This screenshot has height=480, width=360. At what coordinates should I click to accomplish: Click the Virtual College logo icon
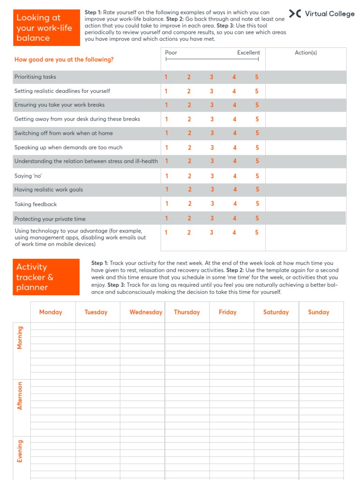click(295, 14)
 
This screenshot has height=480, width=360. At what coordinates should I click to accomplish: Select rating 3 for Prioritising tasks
click(211, 77)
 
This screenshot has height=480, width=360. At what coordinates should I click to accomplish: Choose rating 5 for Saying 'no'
click(257, 176)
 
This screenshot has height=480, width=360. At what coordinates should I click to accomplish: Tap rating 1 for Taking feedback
click(166, 203)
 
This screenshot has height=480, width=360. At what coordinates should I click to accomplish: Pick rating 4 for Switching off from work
click(235, 133)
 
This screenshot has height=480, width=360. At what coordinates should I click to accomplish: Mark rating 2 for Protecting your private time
click(189, 218)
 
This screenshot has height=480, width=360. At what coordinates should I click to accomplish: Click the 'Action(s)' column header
click(306, 52)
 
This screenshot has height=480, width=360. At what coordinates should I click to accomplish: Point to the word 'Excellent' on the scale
click(248, 52)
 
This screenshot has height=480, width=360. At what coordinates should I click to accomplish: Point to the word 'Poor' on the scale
click(171, 52)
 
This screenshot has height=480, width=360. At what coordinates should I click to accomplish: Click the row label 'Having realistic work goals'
click(49, 189)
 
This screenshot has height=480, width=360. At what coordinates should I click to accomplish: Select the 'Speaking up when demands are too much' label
click(68, 147)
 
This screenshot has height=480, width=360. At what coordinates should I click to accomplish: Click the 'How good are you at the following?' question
click(64, 60)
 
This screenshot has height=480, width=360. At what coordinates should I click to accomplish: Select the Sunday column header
click(319, 312)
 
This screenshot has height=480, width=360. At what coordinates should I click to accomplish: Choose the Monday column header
click(51, 312)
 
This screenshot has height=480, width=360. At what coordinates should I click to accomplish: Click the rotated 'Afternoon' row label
click(20, 396)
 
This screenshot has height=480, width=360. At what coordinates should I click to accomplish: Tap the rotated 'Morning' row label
click(20, 337)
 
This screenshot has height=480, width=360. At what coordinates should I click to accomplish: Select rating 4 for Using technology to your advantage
click(234, 232)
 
